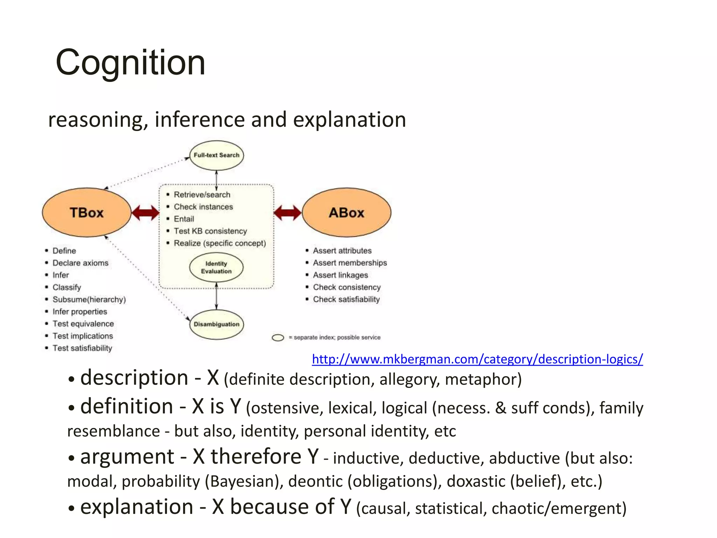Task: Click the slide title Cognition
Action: tap(130, 62)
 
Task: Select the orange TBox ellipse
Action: tap(86, 213)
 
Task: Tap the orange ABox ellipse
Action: tap(346, 213)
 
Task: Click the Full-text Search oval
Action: tap(216, 155)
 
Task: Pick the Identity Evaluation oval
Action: tap(216, 268)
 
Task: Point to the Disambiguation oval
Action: tap(216, 324)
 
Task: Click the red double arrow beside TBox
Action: tap(146, 213)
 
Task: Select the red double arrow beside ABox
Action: tap(287, 213)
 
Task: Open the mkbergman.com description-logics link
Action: tap(477, 359)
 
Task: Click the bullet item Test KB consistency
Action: tap(210, 231)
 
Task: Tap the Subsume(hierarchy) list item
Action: tap(89, 299)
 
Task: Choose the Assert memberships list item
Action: tap(350, 263)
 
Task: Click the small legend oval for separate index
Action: tap(278, 338)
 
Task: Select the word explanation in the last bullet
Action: tap(137, 507)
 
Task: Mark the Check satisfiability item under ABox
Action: tap(346, 299)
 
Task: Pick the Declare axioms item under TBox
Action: tap(80, 263)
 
